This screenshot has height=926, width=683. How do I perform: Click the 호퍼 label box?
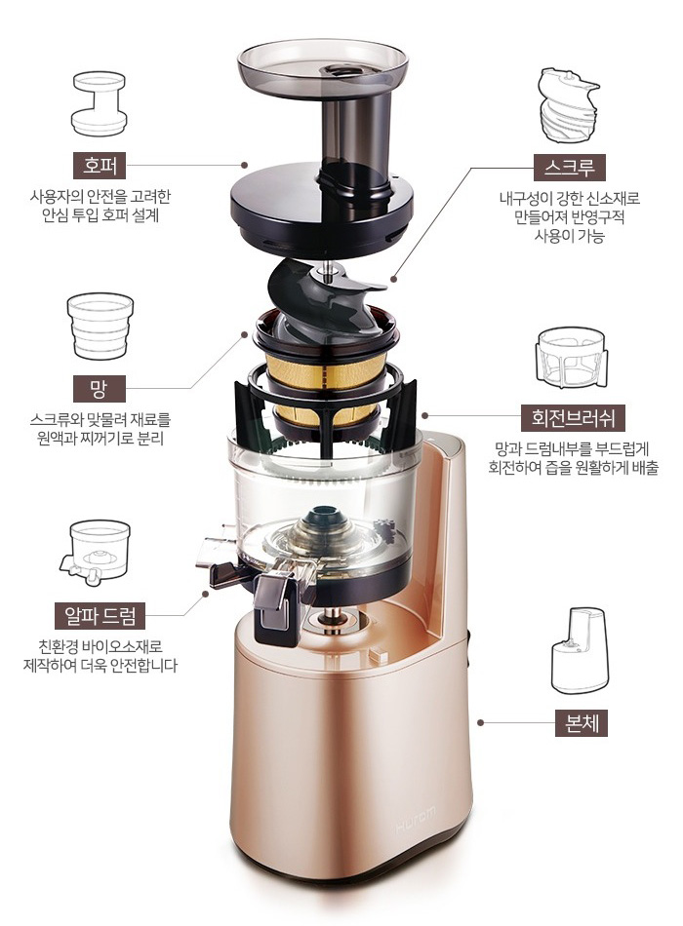coord(100,166)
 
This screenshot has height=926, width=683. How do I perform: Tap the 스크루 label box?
coord(570,168)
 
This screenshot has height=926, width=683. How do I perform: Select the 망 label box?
coord(100,388)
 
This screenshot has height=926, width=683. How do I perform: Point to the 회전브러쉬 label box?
coord(573,417)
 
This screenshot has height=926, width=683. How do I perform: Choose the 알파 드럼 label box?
coord(100,615)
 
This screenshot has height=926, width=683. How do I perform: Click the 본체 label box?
coord(582,722)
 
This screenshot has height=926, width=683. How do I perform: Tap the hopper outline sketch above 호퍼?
coord(99,104)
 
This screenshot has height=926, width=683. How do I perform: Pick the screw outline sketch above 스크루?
coord(569,105)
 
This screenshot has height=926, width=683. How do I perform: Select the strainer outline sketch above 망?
coord(100,326)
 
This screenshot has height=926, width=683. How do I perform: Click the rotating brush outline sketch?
coord(572,358)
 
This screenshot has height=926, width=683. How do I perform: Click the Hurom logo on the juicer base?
coord(415,821)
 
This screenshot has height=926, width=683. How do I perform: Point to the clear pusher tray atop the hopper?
coord(323,67)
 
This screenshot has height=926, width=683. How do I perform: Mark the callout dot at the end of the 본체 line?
coord(481,722)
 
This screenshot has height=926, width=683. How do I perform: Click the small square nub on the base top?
coord(377,656)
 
